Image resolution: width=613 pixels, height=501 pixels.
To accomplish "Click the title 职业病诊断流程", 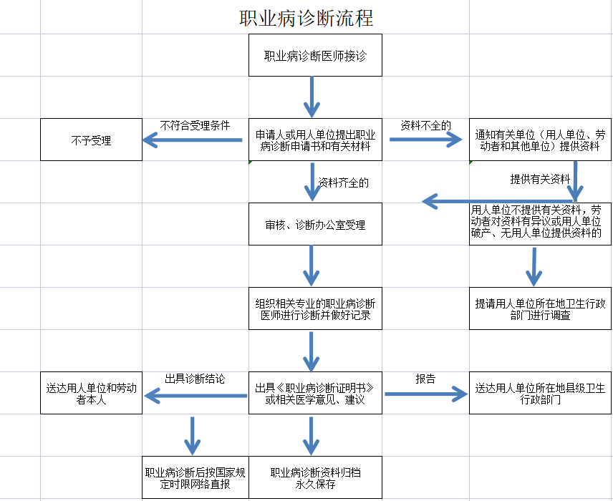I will click(306, 17).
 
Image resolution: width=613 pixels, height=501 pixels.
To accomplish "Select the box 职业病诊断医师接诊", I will click(315, 55).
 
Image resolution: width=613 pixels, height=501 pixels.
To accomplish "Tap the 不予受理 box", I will click(91, 140).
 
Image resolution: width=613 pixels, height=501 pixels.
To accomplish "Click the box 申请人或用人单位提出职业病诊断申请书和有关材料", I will click(315, 140).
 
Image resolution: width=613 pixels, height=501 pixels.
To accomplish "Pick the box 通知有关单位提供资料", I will click(540, 140).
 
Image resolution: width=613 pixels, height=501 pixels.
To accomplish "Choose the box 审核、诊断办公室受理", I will click(315, 225).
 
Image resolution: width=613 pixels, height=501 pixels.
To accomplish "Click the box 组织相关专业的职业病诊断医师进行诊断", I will click(315, 308).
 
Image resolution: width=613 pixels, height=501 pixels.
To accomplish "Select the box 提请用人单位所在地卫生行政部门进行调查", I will click(540, 308).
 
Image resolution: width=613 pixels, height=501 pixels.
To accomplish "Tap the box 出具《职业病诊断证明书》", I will click(315, 393).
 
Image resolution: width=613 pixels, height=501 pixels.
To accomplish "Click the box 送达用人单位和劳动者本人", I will click(91, 393).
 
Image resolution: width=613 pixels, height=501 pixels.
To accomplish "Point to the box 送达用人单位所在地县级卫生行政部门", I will click(540, 393).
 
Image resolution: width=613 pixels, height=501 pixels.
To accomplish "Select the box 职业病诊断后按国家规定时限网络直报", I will click(196, 477).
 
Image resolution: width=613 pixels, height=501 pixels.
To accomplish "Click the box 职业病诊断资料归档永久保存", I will click(315, 477).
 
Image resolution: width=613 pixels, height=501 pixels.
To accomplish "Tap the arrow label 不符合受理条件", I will click(195, 125).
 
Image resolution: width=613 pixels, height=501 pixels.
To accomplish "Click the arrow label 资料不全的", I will click(425, 125).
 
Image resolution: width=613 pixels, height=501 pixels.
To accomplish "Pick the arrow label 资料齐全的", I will click(344, 183).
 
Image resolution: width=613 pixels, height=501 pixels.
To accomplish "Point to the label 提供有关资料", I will click(540, 179).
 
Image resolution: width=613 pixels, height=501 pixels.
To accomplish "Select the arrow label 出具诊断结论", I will click(195, 379).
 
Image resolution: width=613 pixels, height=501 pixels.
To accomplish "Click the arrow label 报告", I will click(425, 379).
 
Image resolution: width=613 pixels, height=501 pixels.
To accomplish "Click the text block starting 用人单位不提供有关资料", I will click(536, 222).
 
